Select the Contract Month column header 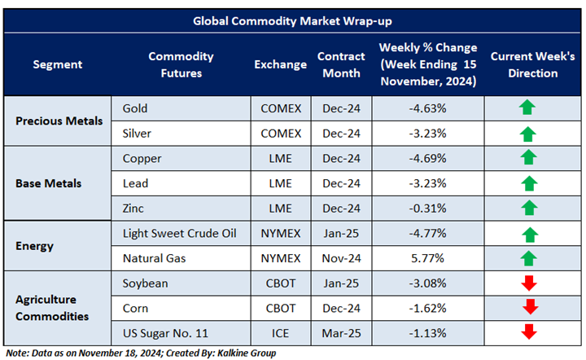point(339,65)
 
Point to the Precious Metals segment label point(59,121)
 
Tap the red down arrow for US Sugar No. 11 point(528,331)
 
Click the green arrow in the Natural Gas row point(528,259)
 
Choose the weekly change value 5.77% point(428,259)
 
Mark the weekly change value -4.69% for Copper point(428,158)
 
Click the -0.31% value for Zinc point(428,209)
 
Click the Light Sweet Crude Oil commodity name point(179,235)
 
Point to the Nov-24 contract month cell point(339,259)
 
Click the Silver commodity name point(138,133)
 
